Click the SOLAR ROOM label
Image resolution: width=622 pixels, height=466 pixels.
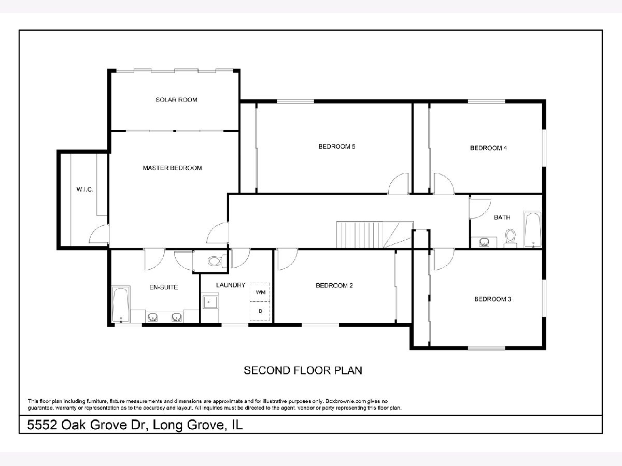click(x=176, y=99)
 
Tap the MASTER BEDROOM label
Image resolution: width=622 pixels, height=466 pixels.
click(x=172, y=168)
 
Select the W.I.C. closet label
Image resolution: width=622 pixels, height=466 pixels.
click(x=84, y=190)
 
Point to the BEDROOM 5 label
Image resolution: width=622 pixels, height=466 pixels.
click(x=336, y=147)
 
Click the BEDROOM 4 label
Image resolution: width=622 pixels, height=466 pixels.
click(x=488, y=148)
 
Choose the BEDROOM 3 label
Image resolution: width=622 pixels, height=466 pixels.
click(x=493, y=299)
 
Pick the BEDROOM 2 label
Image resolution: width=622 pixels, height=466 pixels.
click(x=334, y=285)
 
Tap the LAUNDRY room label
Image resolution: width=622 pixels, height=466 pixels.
click(x=231, y=285)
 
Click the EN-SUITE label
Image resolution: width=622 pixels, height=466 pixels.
click(x=163, y=287)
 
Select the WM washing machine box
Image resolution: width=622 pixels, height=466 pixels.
click(x=260, y=292)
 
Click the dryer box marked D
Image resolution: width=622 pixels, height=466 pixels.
click(x=260, y=311)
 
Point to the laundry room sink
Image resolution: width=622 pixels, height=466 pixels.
click(x=210, y=302)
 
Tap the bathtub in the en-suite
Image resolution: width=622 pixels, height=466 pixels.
click(x=121, y=304)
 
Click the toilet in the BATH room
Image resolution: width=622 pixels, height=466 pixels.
click(x=511, y=239)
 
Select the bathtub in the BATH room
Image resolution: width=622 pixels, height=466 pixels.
click(x=532, y=229)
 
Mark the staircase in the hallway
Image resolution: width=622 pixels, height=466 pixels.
click(x=375, y=235)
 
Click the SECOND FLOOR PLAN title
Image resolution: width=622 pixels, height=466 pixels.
click(x=303, y=370)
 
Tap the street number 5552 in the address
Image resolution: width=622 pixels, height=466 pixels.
click(x=42, y=425)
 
